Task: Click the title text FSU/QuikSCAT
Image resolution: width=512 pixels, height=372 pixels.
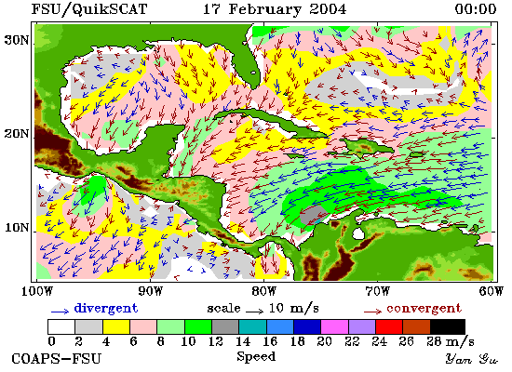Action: [89, 8]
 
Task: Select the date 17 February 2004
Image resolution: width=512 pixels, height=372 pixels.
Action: [275, 9]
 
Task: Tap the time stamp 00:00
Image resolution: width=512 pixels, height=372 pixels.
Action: [476, 8]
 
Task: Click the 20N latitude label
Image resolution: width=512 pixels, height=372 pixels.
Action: [16, 134]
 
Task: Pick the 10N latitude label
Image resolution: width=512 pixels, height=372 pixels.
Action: [17, 227]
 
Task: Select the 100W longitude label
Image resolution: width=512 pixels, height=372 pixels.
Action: [37, 291]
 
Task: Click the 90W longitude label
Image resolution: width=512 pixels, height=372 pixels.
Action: [150, 291]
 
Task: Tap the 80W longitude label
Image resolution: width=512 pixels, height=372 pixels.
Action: [263, 291]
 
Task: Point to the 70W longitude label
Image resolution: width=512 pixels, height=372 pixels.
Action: [377, 291]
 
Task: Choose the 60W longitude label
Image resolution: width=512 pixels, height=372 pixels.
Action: [492, 291]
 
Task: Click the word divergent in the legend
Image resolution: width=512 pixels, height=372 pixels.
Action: [106, 309]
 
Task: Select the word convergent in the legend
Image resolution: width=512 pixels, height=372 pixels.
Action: [424, 309]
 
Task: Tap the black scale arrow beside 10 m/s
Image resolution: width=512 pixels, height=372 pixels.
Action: [255, 312]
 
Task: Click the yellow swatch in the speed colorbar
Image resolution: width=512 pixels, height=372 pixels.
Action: [116, 327]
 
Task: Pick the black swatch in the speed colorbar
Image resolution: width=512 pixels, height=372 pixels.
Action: [448, 327]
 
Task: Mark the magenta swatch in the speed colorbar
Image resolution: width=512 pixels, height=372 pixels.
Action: [335, 327]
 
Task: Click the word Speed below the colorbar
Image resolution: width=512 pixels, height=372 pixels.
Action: [256, 356]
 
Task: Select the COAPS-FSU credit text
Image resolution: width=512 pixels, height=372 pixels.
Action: [56, 359]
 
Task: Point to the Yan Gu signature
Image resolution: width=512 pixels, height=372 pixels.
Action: [472, 359]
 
